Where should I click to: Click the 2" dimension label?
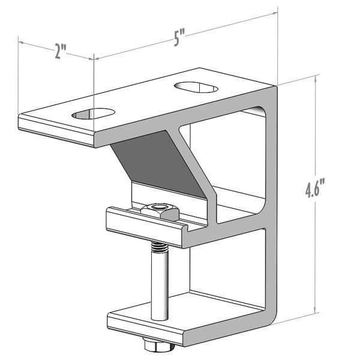59,52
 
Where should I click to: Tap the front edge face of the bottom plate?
180,333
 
